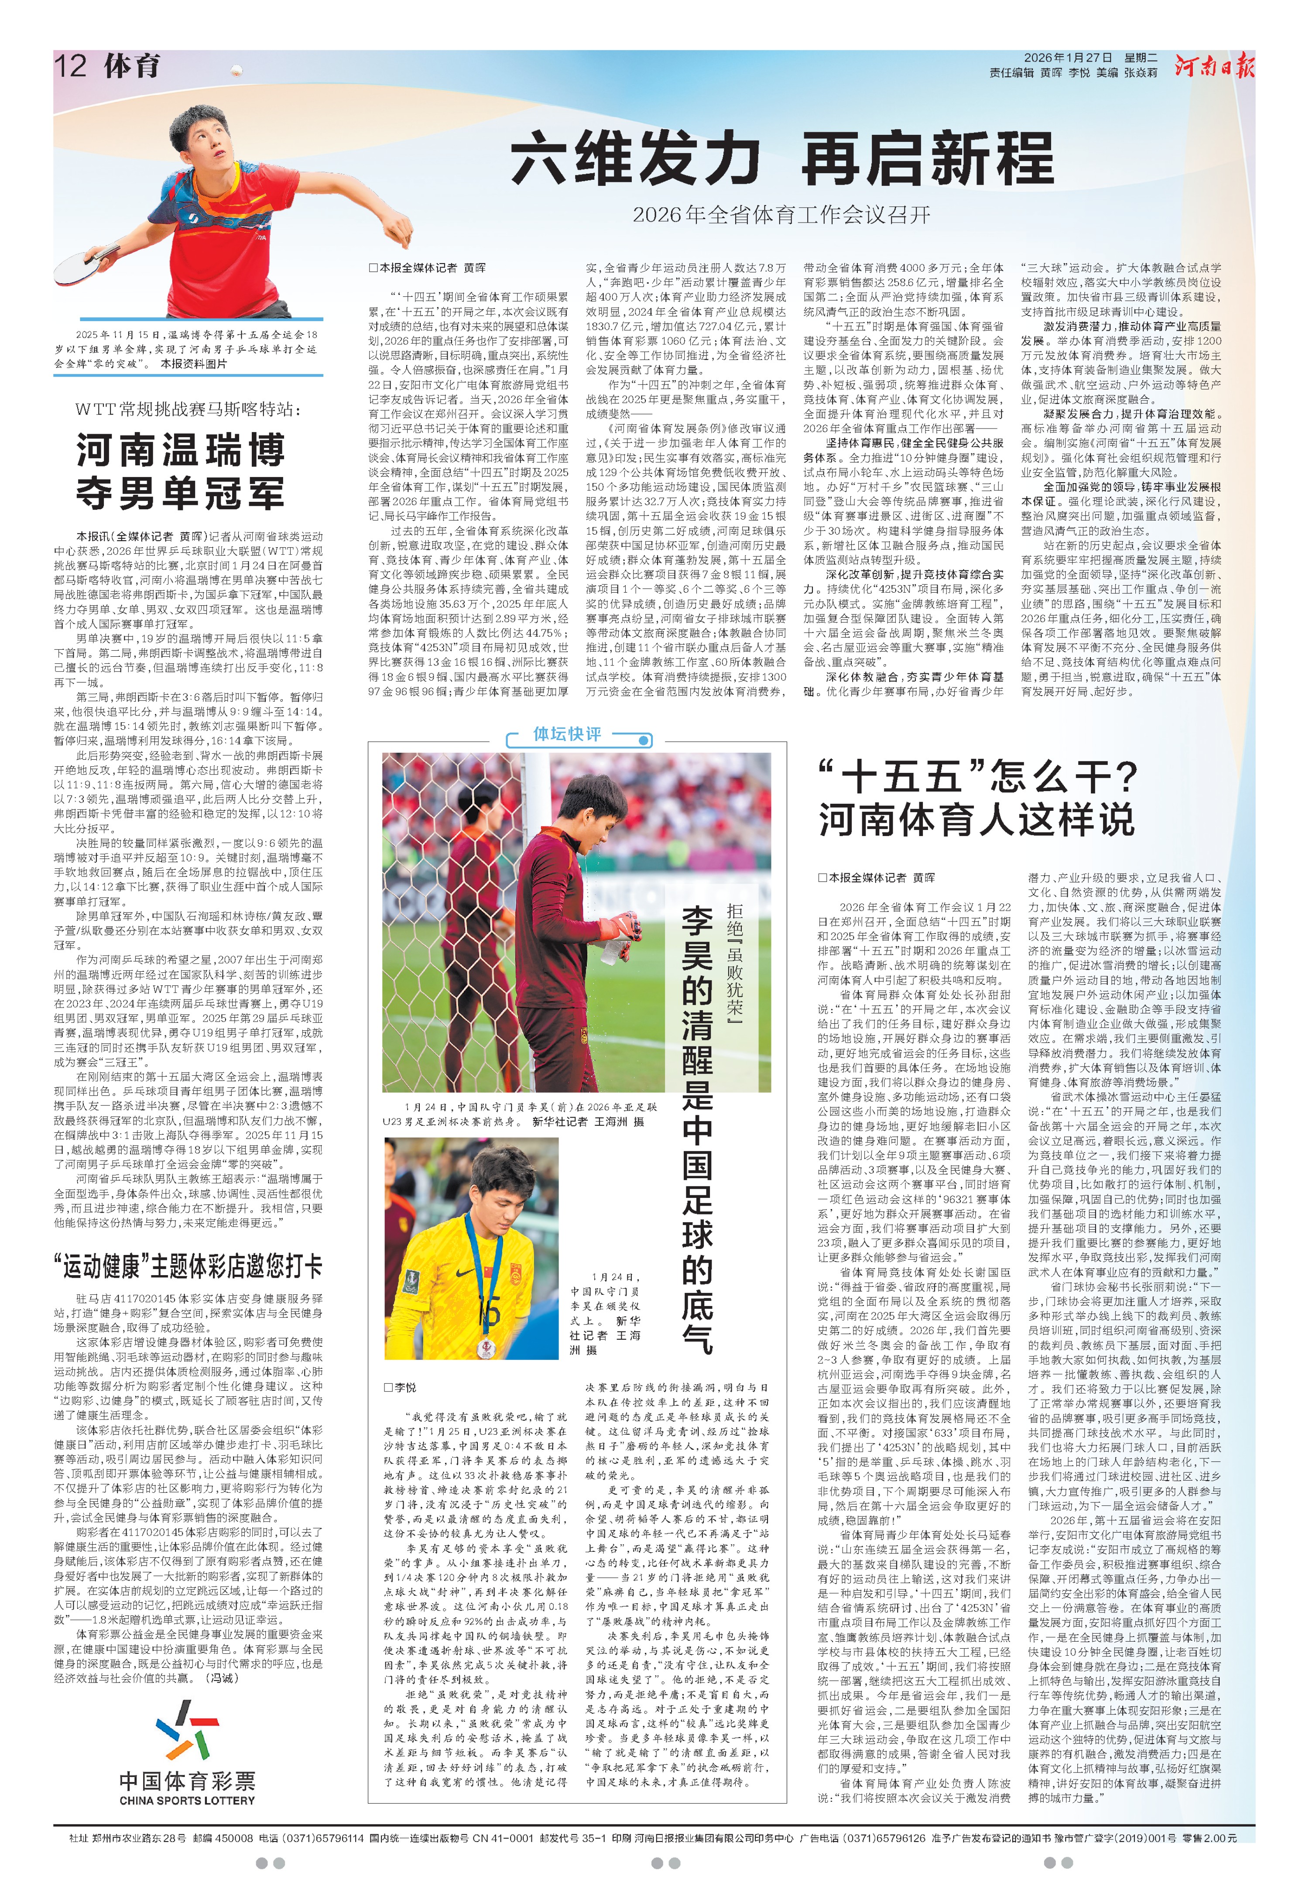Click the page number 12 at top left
click(x=71, y=65)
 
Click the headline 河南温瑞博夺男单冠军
click(x=181, y=472)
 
